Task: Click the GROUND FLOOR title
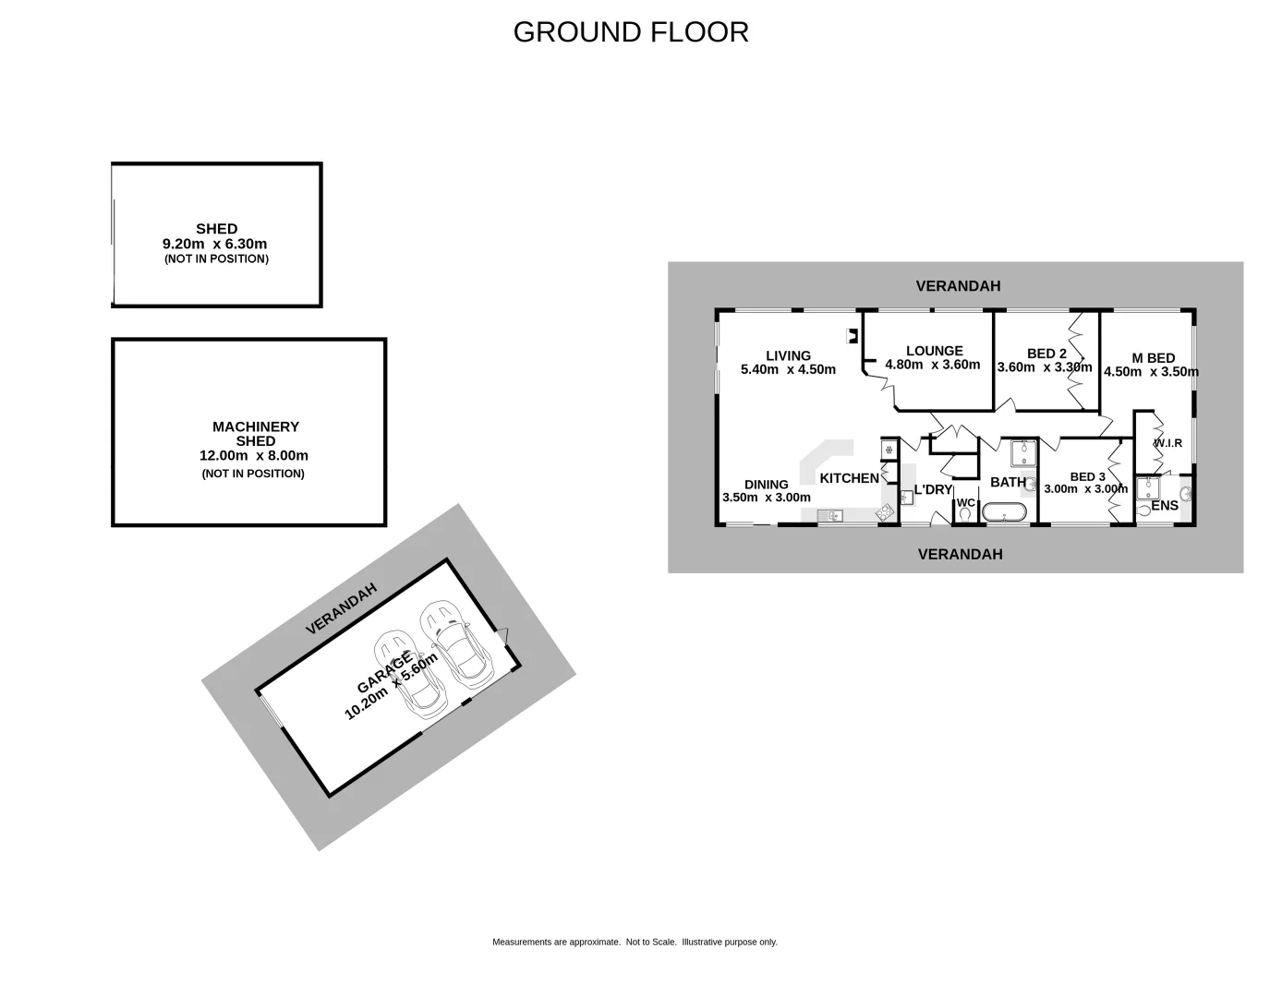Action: pyautogui.click(x=631, y=32)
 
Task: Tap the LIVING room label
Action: pyautogui.click(x=788, y=355)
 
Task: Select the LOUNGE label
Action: pyautogui.click(x=934, y=351)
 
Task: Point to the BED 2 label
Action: pyautogui.click(x=1046, y=354)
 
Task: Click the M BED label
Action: pyautogui.click(x=1154, y=358)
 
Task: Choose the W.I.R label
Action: pyautogui.click(x=1167, y=443)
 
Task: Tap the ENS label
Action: pyautogui.click(x=1165, y=505)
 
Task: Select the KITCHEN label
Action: pyautogui.click(x=850, y=478)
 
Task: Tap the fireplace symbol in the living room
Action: pyautogui.click(x=853, y=337)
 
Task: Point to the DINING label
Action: pyautogui.click(x=767, y=484)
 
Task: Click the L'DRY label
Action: pyautogui.click(x=933, y=489)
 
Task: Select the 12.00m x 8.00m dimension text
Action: pyautogui.click(x=254, y=455)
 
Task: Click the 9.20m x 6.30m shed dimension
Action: pyautogui.click(x=215, y=244)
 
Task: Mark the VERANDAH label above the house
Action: pyautogui.click(x=958, y=286)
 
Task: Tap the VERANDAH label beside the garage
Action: pyautogui.click(x=342, y=608)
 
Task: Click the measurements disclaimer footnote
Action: pyautogui.click(x=635, y=943)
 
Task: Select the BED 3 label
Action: pyautogui.click(x=1087, y=476)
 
